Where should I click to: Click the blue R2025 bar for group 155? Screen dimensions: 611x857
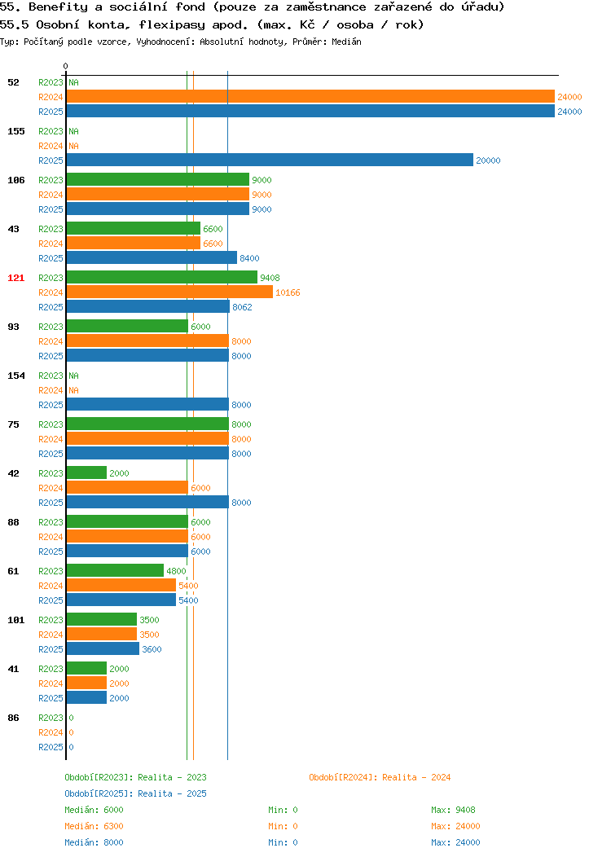coord(270,160)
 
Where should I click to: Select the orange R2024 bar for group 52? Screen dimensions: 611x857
coord(310,96)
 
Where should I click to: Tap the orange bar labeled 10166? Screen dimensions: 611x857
coord(169,292)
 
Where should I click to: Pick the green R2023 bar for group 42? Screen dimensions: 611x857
coord(86,472)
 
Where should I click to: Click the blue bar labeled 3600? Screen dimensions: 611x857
coord(103,648)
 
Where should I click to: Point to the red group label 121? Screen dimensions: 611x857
coord(15,278)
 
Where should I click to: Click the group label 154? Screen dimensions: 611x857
coord(15,376)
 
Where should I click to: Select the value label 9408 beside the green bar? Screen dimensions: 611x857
coord(270,278)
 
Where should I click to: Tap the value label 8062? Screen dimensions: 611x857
coord(242,307)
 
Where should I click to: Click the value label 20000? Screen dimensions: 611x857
coord(488,160)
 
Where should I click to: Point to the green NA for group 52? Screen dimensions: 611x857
coord(74,82)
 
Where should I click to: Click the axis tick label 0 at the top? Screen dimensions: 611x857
coord(66,66)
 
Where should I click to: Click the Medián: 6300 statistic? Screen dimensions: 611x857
coord(94,826)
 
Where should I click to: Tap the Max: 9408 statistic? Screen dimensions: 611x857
coord(453,810)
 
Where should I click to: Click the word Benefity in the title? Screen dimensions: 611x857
coord(58,7)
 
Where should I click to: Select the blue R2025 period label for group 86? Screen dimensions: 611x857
coord(51,747)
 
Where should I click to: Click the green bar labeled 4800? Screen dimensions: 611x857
coord(115,570)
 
